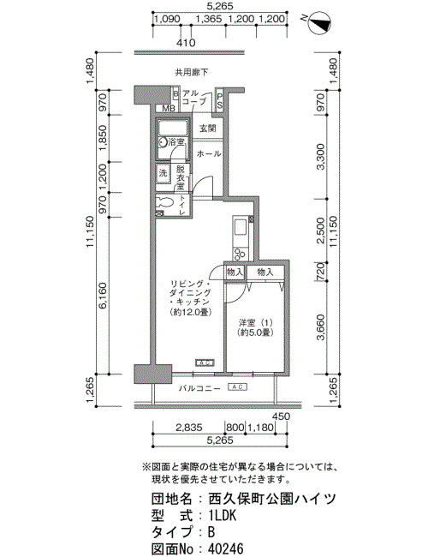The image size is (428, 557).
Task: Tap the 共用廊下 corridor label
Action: click(x=192, y=73)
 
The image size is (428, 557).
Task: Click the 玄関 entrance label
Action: click(x=208, y=128)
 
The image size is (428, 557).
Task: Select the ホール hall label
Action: click(x=209, y=153)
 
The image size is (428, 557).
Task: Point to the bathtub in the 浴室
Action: click(x=172, y=127)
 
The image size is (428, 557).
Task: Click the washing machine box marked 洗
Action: click(x=163, y=173)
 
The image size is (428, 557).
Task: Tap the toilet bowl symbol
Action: click(x=165, y=202)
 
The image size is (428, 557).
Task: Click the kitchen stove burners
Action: click(x=239, y=254)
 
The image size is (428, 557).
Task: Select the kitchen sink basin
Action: click(x=241, y=227)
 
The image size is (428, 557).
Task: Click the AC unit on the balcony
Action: click(x=237, y=386)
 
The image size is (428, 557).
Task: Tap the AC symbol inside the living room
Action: click(x=205, y=362)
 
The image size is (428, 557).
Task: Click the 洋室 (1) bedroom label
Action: click(x=255, y=323)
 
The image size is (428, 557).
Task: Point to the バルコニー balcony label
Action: click(x=199, y=388)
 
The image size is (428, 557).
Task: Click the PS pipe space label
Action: click(x=220, y=100)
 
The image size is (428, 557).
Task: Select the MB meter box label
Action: click(x=169, y=108)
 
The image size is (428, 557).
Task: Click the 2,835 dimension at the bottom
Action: click(x=189, y=428)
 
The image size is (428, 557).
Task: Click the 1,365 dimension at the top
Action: click(x=209, y=19)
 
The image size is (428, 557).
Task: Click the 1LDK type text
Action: click(x=223, y=515)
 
